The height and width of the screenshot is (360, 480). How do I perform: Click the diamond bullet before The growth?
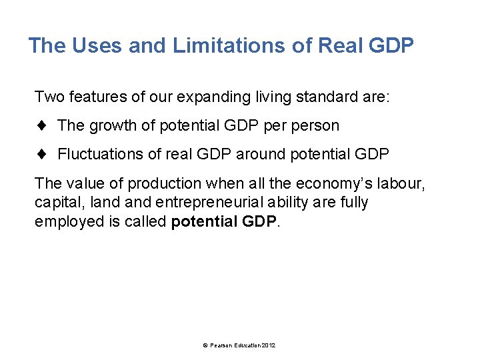(x=41, y=125)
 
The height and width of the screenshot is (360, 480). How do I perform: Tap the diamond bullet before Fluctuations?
(x=41, y=154)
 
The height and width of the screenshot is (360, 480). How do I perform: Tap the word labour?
(x=403, y=183)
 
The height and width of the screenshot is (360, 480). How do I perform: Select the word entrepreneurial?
(x=187, y=202)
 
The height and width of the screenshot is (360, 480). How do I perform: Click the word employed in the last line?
(x=67, y=221)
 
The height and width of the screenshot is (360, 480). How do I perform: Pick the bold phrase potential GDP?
(x=223, y=221)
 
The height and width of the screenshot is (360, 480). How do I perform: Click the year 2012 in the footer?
(x=269, y=345)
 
